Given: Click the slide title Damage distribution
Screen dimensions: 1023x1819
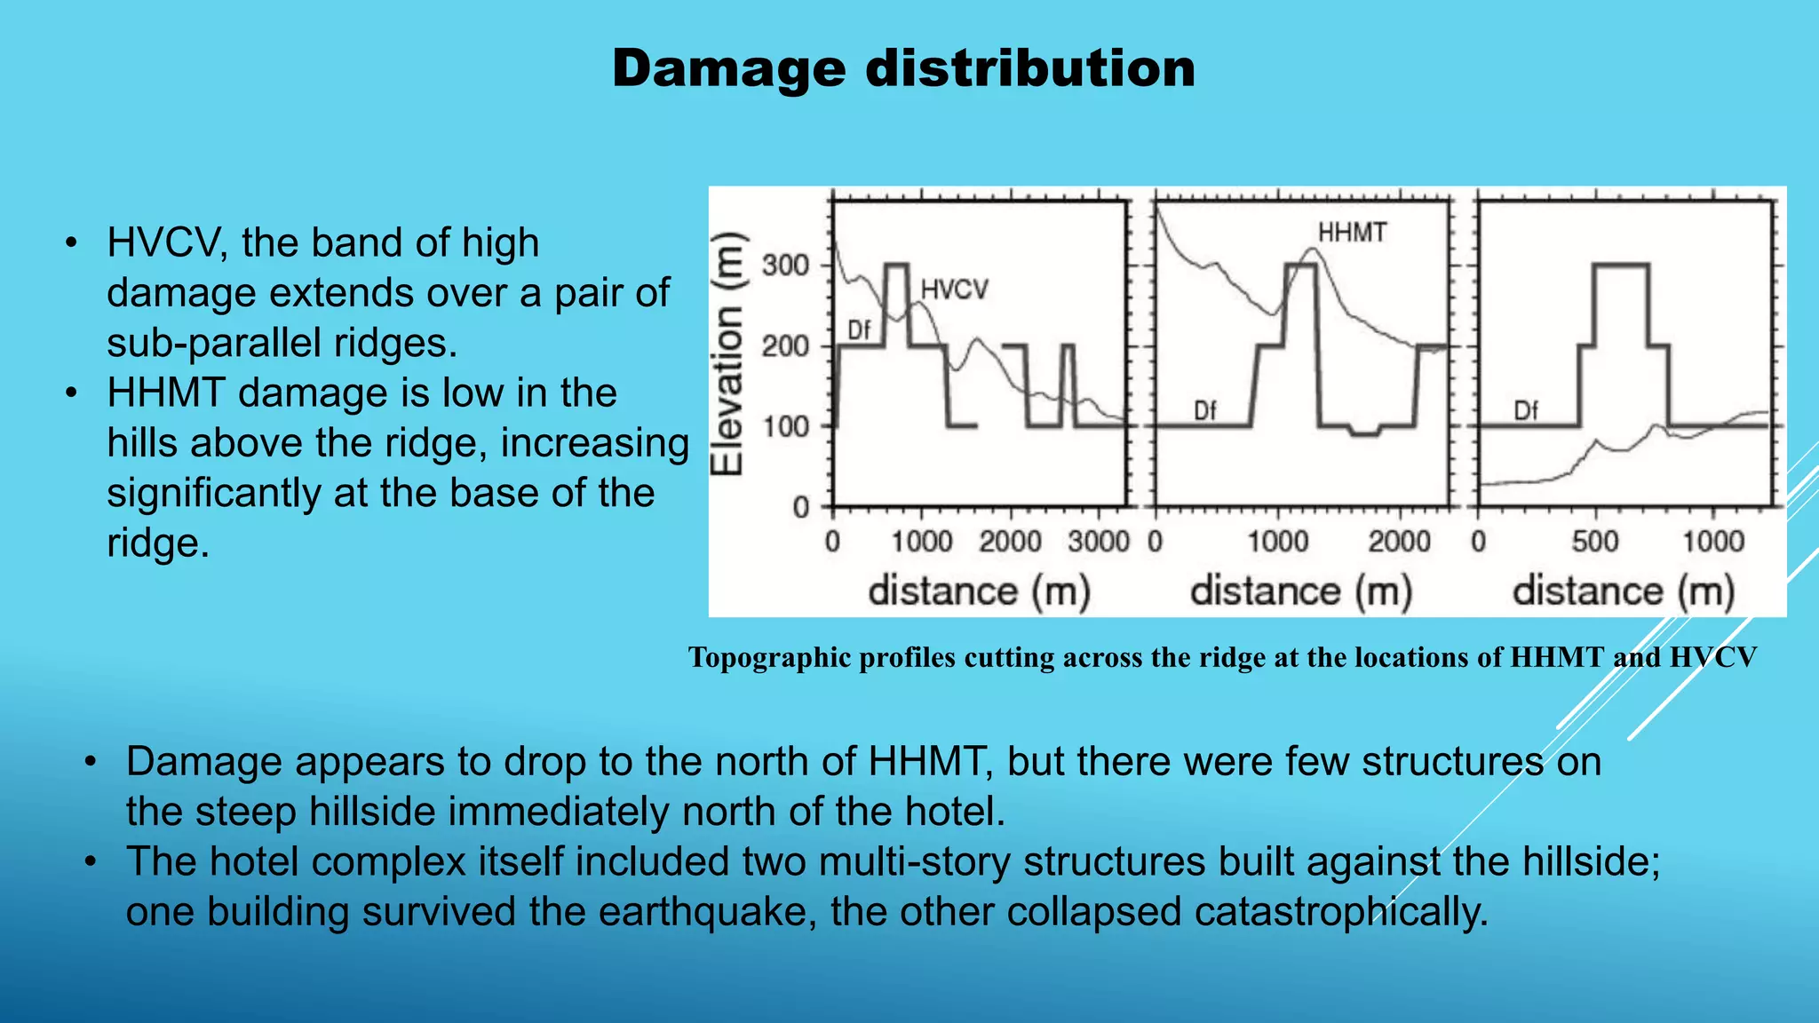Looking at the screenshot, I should (903, 68).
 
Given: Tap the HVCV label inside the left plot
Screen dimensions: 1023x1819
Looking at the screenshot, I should (954, 289).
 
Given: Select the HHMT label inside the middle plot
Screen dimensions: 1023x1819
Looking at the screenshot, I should (1352, 233).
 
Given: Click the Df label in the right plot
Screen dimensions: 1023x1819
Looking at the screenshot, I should (1526, 410).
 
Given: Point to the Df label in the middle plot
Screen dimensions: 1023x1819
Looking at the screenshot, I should (1204, 410).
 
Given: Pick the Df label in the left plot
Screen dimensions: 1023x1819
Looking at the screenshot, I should (859, 330).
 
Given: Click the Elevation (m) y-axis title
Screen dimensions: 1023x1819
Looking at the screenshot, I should (728, 353).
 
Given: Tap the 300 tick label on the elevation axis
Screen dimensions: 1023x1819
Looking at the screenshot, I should (785, 265).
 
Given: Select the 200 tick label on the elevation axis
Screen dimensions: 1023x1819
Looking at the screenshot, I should (785, 345).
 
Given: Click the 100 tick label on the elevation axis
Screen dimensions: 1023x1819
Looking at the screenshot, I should (785, 426).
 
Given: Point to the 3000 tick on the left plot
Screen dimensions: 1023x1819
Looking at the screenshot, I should (1099, 541).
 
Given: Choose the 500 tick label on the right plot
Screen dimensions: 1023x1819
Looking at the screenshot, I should (1595, 541).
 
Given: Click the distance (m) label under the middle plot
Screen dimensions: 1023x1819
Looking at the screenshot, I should (1301, 591).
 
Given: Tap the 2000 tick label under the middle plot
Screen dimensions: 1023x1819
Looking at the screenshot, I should (1400, 541).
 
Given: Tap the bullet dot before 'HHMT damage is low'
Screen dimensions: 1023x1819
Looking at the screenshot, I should (72, 393).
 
